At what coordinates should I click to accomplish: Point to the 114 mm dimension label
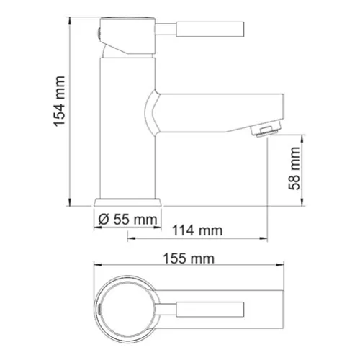pos(197,231)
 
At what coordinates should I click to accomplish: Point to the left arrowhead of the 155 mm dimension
pos(95,267)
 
